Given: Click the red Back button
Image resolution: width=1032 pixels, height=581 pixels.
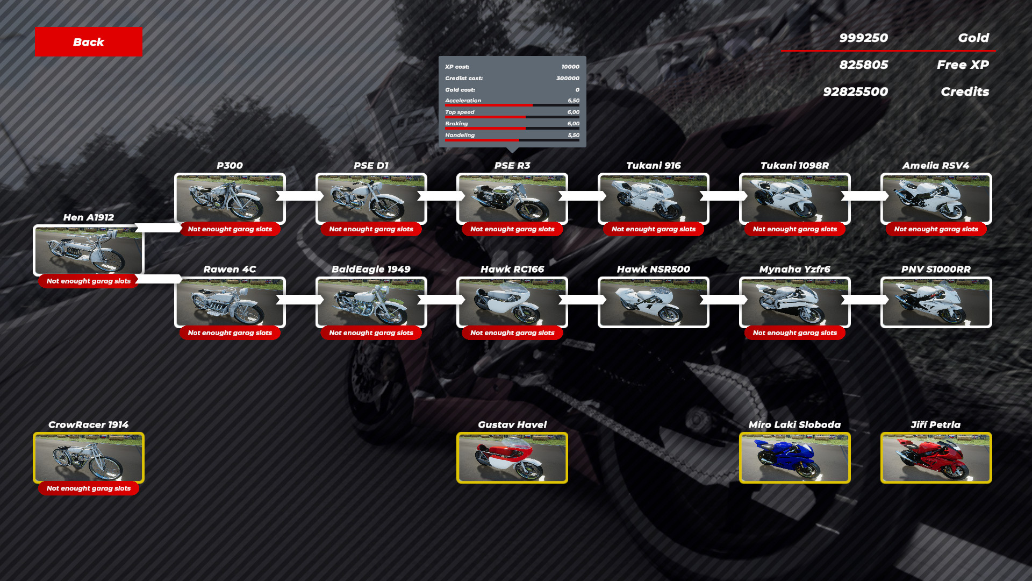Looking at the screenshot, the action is click(89, 42).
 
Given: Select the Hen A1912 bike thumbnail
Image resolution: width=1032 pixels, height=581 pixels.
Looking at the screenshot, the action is click(89, 251).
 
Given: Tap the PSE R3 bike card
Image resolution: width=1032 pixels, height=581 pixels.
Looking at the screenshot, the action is click(512, 199).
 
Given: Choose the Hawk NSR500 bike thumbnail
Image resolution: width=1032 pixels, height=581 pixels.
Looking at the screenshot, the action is click(654, 302).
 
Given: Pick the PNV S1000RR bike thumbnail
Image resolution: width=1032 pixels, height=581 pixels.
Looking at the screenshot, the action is click(936, 302).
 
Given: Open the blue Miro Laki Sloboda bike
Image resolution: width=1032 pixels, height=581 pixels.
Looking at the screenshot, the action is click(795, 458).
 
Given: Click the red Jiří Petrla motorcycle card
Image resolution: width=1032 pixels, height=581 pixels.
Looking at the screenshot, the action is click(936, 458).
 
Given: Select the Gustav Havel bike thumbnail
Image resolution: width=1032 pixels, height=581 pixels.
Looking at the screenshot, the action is click(512, 458).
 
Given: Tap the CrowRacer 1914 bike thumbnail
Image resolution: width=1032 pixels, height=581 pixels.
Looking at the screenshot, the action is click(89, 458).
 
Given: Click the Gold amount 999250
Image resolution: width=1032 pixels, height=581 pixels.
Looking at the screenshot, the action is click(863, 38).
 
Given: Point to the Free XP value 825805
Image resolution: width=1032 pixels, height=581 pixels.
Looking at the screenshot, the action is click(863, 65).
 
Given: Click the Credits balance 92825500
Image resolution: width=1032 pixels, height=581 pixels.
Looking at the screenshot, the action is click(855, 91).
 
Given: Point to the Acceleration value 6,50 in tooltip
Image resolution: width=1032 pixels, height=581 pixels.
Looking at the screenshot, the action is click(574, 101).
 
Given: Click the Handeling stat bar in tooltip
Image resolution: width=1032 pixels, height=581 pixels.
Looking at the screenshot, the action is click(512, 140).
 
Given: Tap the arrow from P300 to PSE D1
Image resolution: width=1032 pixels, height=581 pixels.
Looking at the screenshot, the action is click(300, 196).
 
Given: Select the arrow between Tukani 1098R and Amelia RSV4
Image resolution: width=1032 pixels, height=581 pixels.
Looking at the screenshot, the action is click(865, 196).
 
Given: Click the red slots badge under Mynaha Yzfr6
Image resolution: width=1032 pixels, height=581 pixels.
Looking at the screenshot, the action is click(795, 333).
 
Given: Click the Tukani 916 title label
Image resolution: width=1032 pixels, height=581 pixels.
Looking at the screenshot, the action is click(654, 166).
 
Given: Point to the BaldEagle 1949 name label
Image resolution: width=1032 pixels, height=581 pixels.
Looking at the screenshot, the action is click(371, 270).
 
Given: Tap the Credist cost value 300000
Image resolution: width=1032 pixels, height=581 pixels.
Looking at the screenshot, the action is click(568, 78).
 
